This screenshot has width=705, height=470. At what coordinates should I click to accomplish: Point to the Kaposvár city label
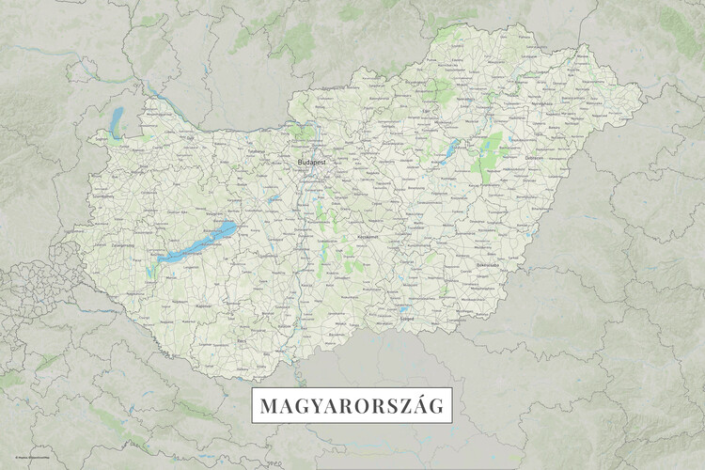[x=202, y=305]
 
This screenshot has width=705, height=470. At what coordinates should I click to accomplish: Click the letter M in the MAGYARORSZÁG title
[x=268, y=408]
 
